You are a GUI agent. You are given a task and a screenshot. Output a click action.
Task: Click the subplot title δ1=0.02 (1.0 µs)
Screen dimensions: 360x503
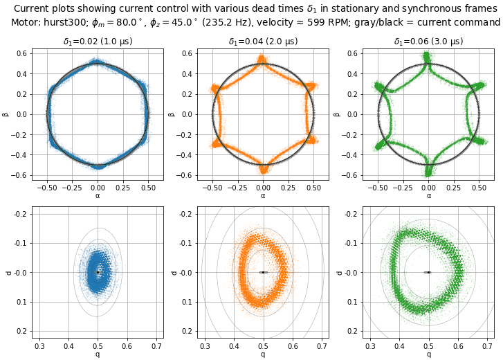click(x=98, y=42)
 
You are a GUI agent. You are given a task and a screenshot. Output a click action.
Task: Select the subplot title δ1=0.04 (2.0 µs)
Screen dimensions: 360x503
click(x=263, y=42)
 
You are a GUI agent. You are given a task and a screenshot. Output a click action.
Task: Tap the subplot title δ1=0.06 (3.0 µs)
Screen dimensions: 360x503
click(x=428, y=42)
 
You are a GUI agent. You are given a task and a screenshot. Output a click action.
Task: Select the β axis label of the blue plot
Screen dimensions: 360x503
click(x=6, y=114)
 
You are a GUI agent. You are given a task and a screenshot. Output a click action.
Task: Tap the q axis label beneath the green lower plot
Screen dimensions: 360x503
click(x=428, y=354)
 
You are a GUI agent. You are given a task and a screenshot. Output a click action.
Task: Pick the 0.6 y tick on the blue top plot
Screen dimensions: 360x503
click(x=21, y=53)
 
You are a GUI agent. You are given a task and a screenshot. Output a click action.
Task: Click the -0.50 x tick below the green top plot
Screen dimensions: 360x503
click(x=377, y=188)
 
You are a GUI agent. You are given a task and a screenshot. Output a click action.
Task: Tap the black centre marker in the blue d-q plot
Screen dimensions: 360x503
click(x=98, y=272)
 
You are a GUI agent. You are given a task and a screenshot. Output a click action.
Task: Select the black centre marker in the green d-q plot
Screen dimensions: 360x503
click(x=428, y=272)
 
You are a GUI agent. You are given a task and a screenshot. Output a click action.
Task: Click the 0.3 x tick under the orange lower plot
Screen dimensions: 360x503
click(x=205, y=345)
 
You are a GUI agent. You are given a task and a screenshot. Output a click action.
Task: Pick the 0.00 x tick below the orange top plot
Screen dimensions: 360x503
click(x=263, y=188)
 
